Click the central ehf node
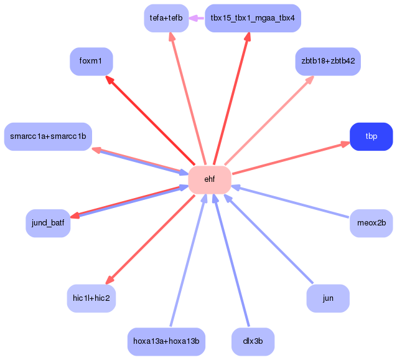(x=210, y=179)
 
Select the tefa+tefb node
(x=166, y=18)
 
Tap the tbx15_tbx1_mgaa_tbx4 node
(x=253, y=18)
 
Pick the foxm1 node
(x=91, y=61)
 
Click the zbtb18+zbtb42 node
(x=328, y=61)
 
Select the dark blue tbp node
(x=371, y=136)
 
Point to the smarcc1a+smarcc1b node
(x=48, y=136)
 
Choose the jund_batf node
(x=48, y=223)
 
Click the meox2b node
(x=371, y=223)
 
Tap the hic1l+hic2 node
(x=91, y=298)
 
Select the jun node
(x=328, y=298)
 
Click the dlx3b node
(x=253, y=341)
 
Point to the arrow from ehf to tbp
(x=290, y=158)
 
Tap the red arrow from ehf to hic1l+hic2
(x=151, y=239)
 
